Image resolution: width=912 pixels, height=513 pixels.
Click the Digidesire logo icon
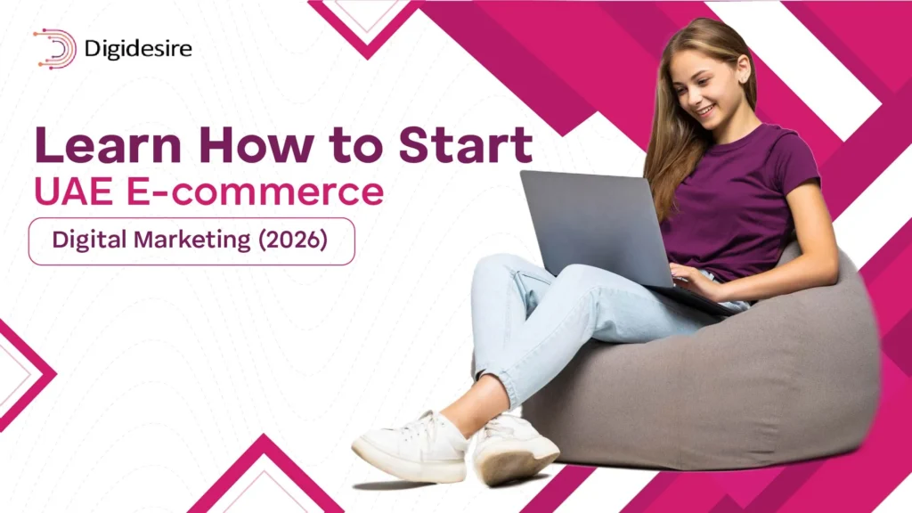[55, 48]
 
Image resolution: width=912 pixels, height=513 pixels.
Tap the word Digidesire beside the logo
[137, 48]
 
